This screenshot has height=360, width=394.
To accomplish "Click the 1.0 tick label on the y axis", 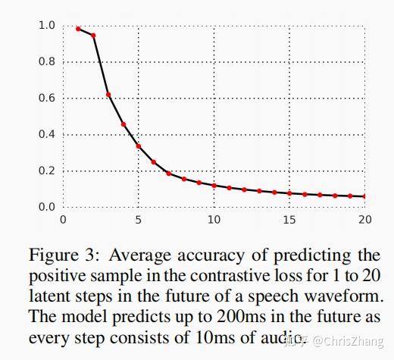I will click(47, 25).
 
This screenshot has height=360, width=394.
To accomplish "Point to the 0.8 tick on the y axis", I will click(47, 61).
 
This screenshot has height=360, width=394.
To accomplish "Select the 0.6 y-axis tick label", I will click(47, 98).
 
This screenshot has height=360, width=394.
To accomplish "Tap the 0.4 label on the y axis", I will click(47, 134).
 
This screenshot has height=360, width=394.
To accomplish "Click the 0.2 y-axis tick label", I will click(47, 171).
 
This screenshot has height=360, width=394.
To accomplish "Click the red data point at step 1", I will click(78, 29).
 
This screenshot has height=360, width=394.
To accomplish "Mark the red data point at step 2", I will click(93, 36).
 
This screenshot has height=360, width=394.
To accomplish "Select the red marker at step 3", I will click(108, 95).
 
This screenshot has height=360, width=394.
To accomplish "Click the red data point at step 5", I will click(139, 146).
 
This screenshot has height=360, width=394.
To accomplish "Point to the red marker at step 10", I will click(214, 185).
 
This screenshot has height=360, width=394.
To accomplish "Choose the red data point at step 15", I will click(289, 193).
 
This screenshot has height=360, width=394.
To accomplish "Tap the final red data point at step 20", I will click(364, 196).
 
